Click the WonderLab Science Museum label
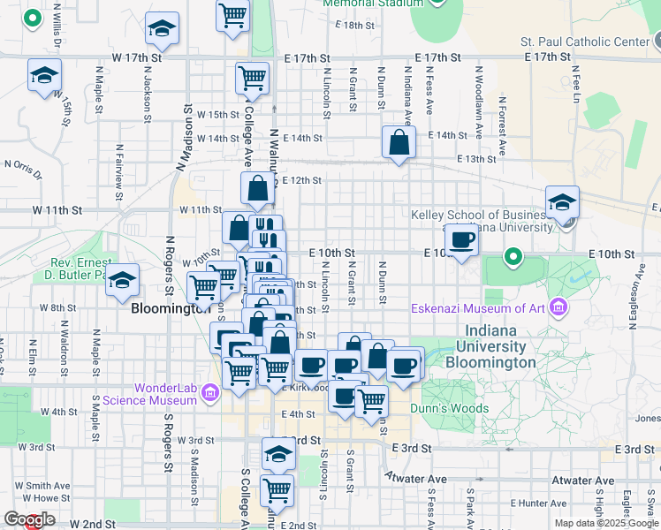[165, 394]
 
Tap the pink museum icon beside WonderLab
[210, 392]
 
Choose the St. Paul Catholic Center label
[584, 42]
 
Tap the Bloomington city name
[171, 310]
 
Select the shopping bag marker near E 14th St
[399, 142]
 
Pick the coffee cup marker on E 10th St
[461, 239]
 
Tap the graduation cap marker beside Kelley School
[562, 202]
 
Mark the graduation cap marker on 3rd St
[278, 454]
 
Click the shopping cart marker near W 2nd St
[277, 490]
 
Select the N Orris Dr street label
[23, 164]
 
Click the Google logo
[28, 519]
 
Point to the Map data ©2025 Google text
[604, 523]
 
